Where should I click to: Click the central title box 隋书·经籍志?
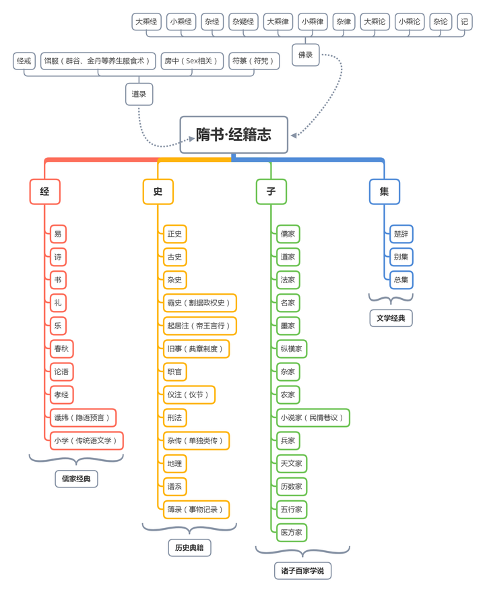pos(234,135)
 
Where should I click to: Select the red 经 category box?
pos(45,191)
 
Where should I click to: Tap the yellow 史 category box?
pos(158,191)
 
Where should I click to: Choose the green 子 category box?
pos(271,191)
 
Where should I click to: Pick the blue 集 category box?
pos(385,191)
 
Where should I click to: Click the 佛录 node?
pos(305,55)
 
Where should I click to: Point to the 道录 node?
pos(139,94)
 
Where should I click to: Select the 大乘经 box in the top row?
pos(146,22)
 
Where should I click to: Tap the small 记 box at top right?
pos(465,22)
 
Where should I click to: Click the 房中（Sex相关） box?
pos(192,61)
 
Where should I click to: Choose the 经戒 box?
pos(24,61)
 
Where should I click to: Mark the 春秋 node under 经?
pos(61,349)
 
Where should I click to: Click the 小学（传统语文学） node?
pos(87,440)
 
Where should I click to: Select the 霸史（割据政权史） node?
pos(200,303)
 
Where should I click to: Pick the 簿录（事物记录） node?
pos(197,509)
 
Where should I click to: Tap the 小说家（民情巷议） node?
pos(313,417)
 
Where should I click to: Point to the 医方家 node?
pos(292,533)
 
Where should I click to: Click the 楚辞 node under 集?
pos(401,234)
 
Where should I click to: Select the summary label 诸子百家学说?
pos(303,571)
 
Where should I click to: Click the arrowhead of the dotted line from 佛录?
pos(294,136)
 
